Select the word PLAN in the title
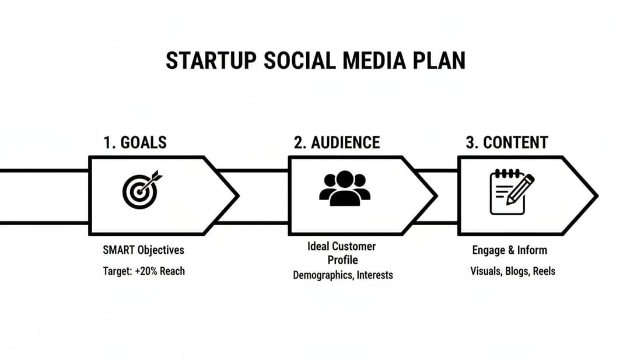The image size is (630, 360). pyautogui.click(x=440, y=61)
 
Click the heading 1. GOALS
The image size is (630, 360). pyautogui.click(x=135, y=142)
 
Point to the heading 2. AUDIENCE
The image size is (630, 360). pyautogui.click(x=337, y=142)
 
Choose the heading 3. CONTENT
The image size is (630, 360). pyautogui.click(x=506, y=142)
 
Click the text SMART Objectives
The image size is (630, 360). pyautogui.click(x=143, y=250)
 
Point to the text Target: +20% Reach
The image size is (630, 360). pyautogui.click(x=143, y=271)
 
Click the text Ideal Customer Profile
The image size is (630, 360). pyautogui.click(x=342, y=253)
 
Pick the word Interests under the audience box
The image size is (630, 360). pyautogui.click(x=375, y=275)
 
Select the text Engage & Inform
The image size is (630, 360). pyautogui.click(x=509, y=250)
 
